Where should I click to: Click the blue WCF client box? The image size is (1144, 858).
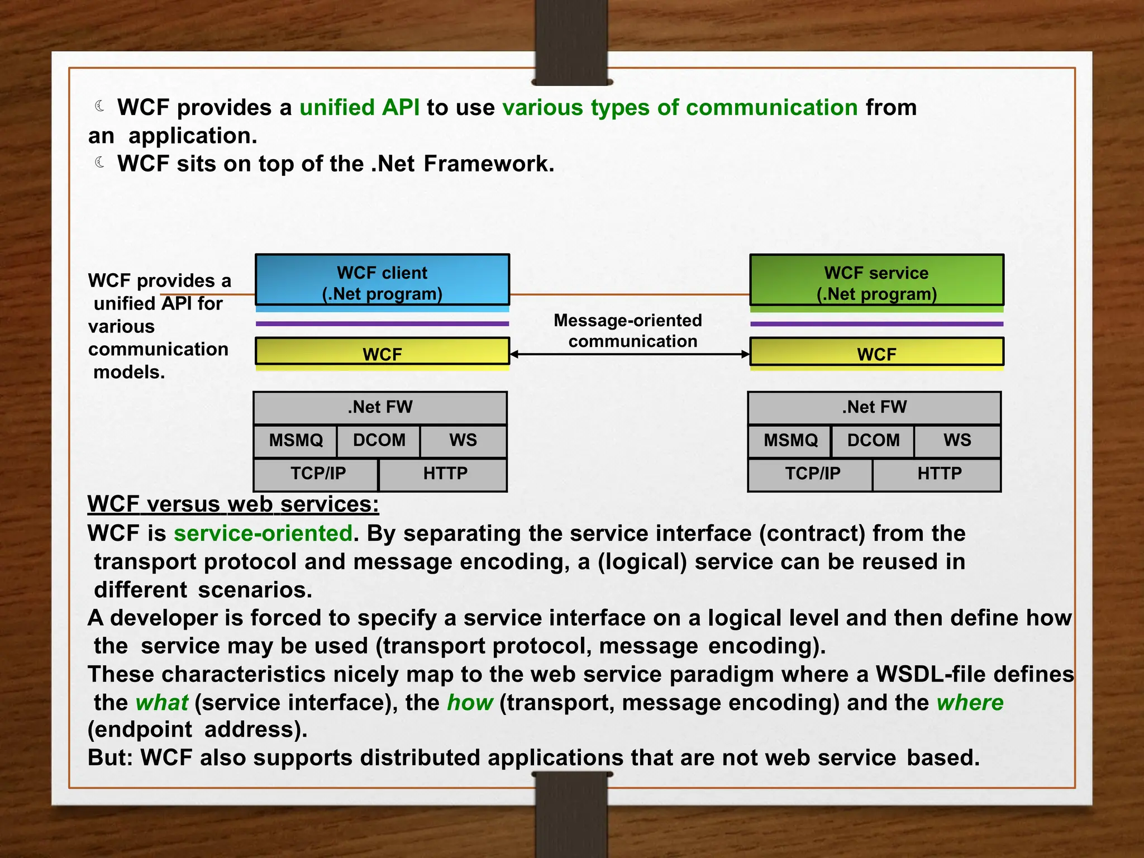pyautogui.click(x=382, y=280)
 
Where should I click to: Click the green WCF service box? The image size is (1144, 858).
pyautogui.click(x=876, y=280)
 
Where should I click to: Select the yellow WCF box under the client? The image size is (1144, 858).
pyautogui.click(x=382, y=351)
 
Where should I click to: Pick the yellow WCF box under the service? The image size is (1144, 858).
pyautogui.click(x=876, y=351)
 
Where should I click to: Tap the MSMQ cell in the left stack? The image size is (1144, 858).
pyautogui.click(x=295, y=441)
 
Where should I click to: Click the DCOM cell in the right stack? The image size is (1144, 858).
pyautogui.click(x=873, y=441)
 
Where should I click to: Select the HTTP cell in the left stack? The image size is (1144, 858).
pyautogui.click(x=444, y=474)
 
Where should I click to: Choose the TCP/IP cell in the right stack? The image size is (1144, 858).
pyautogui.click(x=812, y=474)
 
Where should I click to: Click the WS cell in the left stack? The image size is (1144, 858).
pyautogui.click(x=463, y=441)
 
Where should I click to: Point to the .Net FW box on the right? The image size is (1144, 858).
pyautogui.click(x=874, y=407)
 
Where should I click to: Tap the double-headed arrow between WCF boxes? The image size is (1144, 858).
pyautogui.click(x=629, y=354)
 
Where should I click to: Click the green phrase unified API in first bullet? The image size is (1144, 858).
pyautogui.click(x=359, y=108)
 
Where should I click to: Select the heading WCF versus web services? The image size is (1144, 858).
pyautogui.click(x=233, y=504)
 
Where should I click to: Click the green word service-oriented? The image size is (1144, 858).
pyautogui.click(x=263, y=533)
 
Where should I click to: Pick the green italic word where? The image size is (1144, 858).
pyautogui.click(x=970, y=703)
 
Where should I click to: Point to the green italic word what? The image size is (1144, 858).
pyautogui.click(x=162, y=703)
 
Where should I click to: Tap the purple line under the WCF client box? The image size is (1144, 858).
pyautogui.click(x=382, y=323)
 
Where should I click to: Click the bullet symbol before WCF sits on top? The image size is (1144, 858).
pyautogui.click(x=100, y=163)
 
